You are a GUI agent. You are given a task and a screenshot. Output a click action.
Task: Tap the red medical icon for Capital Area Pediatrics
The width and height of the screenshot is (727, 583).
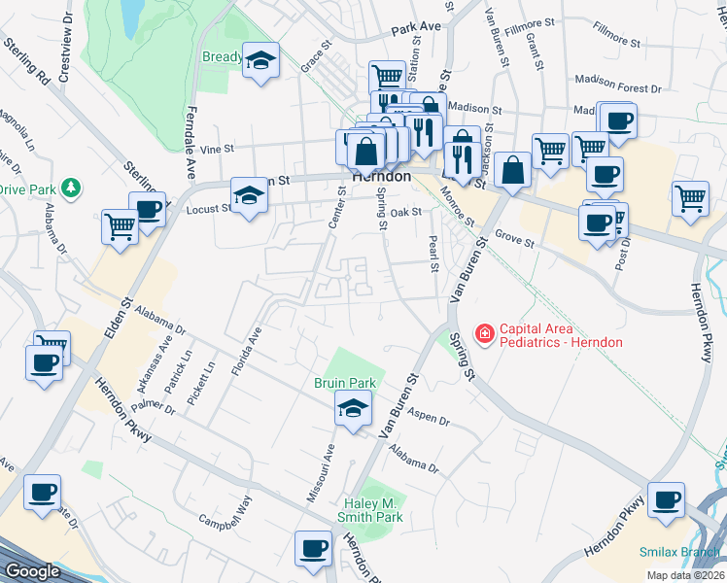pyautogui.click(x=483, y=334)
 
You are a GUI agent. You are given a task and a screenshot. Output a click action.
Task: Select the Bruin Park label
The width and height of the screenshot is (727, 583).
pyautogui.click(x=345, y=384)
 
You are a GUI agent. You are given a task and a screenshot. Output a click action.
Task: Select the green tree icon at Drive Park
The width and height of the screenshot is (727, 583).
pyautogui.click(x=70, y=187)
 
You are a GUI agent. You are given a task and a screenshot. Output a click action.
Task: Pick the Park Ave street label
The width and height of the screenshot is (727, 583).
pyautogui.click(x=416, y=29)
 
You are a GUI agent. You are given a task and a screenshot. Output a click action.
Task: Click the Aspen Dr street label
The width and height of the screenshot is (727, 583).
pyautogui.click(x=430, y=420)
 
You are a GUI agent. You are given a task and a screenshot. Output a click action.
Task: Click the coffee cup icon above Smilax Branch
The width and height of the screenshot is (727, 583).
pyautogui.click(x=666, y=499)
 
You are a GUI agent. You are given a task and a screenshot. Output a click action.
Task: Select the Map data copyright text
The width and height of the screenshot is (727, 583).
pyautogui.click(x=685, y=575)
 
